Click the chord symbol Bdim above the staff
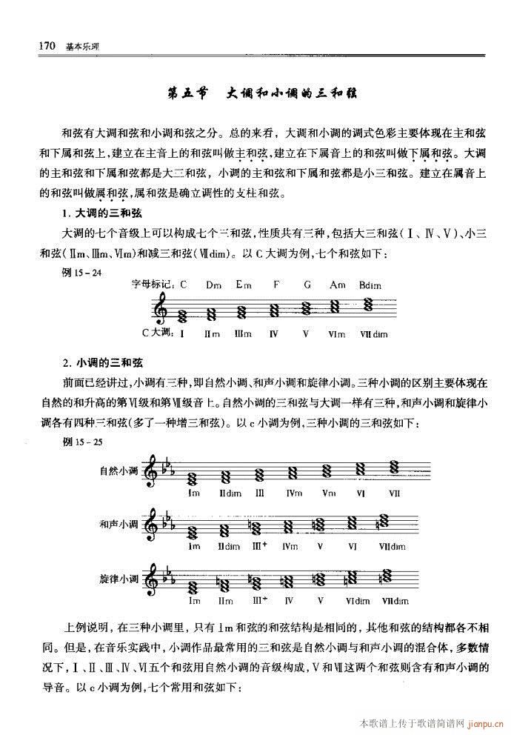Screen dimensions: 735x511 pyautogui.click(x=369, y=284)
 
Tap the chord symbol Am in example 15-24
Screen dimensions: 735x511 pyautogui.click(x=338, y=284)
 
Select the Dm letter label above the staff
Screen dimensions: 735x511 pyautogui.click(x=214, y=284)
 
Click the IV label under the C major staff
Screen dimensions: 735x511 pyautogui.click(x=273, y=333)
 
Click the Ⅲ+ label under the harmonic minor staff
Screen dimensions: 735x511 pyautogui.click(x=259, y=547)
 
